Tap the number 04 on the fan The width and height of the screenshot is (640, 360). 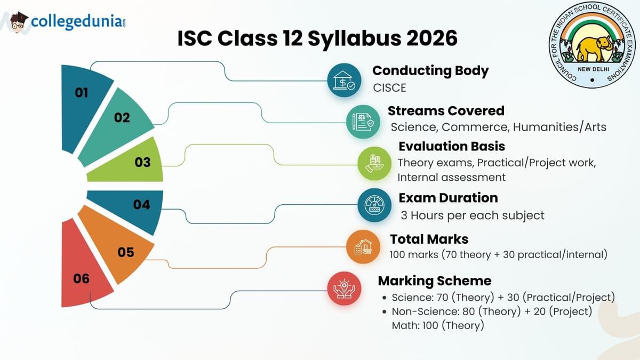tap(141, 204)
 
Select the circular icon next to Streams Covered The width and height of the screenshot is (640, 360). tap(363, 122)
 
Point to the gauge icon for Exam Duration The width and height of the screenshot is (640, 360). tap(374, 205)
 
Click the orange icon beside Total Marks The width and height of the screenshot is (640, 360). tap(363, 246)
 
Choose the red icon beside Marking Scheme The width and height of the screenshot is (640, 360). tap(344, 288)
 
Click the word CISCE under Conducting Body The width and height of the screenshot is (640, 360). tap(389, 87)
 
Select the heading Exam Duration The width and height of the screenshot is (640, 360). tap(448, 198)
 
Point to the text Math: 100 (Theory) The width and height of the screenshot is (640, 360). tap(437, 325)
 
